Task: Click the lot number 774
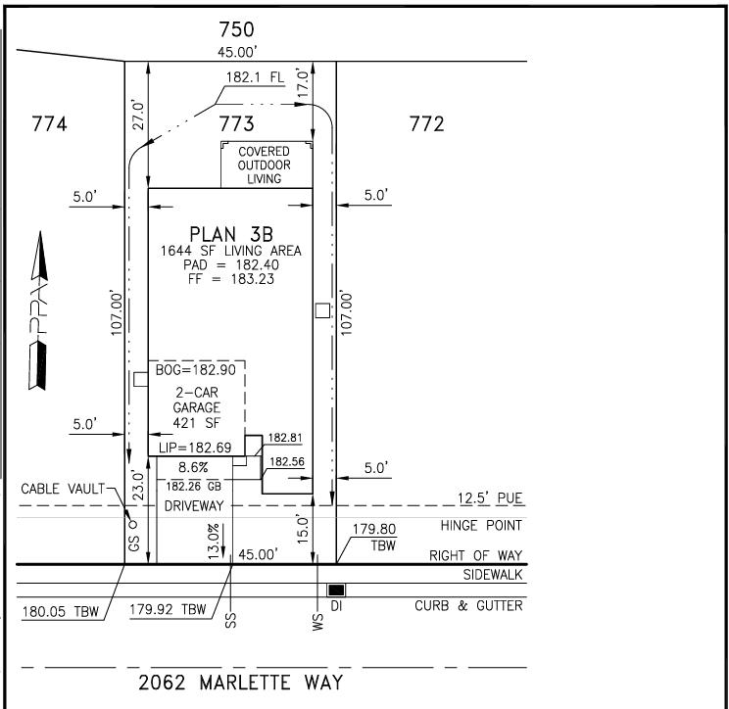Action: pyautogui.click(x=49, y=124)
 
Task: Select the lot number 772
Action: pyautogui.click(x=427, y=124)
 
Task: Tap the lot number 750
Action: pyautogui.click(x=237, y=29)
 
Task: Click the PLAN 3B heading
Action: pyautogui.click(x=231, y=234)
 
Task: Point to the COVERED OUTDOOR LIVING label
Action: pyautogui.click(x=265, y=165)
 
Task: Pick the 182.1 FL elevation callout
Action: pyautogui.click(x=255, y=77)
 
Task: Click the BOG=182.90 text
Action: pyautogui.click(x=195, y=370)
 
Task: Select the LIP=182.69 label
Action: pyautogui.click(x=195, y=448)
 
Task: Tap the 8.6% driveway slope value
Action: pyautogui.click(x=193, y=467)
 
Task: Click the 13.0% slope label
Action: pyautogui.click(x=214, y=542)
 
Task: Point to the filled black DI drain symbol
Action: pyautogui.click(x=336, y=591)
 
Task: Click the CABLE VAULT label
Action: pyautogui.click(x=63, y=489)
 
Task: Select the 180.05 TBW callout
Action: pyautogui.click(x=61, y=611)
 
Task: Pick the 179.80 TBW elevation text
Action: pyautogui.click(x=374, y=537)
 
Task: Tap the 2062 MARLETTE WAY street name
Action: pyautogui.click(x=240, y=683)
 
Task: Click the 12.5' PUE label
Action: pyautogui.click(x=490, y=498)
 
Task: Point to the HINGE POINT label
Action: pyautogui.click(x=481, y=526)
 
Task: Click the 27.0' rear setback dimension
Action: pyautogui.click(x=138, y=115)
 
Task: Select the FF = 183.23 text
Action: pyautogui.click(x=231, y=279)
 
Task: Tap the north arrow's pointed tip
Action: pyautogui.click(x=40, y=231)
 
